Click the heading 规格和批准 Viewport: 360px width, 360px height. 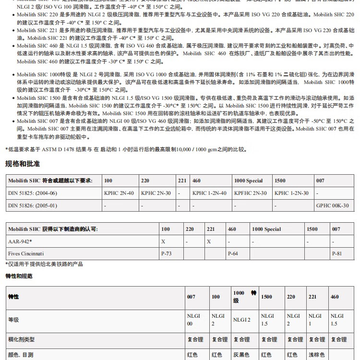(x=23, y=164)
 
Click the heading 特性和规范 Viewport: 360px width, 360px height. (x=19, y=276)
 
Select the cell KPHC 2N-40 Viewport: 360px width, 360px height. (x=119, y=193)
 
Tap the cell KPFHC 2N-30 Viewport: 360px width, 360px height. (x=250, y=193)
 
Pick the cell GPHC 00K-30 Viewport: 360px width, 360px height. (x=332, y=205)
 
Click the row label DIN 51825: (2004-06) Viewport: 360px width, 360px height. (x=33, y=193)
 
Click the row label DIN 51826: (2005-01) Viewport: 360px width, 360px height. (x=33, y=205)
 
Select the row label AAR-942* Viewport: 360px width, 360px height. (x=20, y=241)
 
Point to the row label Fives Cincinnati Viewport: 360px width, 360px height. (x=26, y=253)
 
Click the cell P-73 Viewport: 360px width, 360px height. (x=167, y=253)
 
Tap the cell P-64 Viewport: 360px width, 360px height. (x=233, y=253)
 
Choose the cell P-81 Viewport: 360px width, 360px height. (x=337, y=253)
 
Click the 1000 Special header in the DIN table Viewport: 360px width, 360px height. (x=248, y=181)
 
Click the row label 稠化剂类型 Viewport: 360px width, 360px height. (x=22, y=339)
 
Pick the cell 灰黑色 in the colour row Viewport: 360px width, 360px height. (x=241, y=356)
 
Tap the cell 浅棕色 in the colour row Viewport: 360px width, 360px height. (x=316, y=356)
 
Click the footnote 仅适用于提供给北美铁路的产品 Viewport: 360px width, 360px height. (x=45, y=264)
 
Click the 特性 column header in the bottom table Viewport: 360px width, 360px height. (x=13, y=297)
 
